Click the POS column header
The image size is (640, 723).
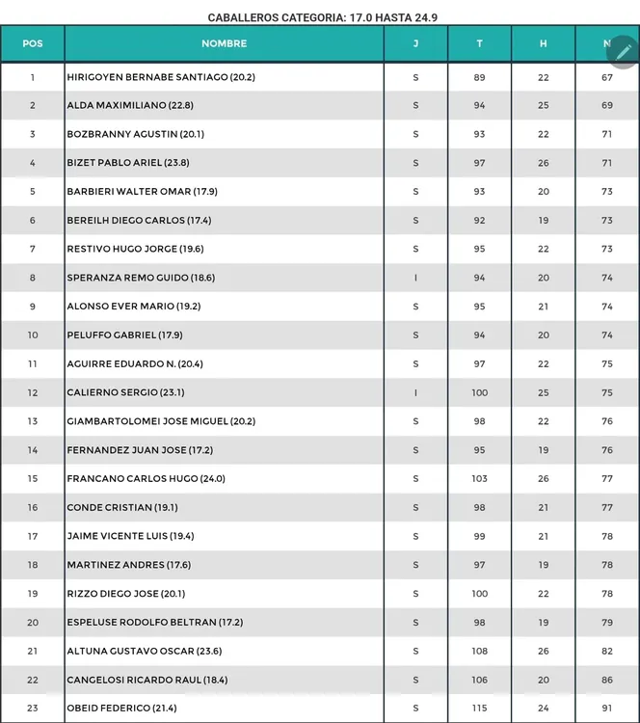(33, 43)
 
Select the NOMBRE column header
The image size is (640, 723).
(224, 43)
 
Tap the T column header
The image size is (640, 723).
(480, 43)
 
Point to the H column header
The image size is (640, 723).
(544, 43)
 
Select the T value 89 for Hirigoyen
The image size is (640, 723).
(480, 77)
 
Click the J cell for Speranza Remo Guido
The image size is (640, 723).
(415, 278)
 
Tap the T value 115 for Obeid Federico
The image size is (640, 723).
(480, 709)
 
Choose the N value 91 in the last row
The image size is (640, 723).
(607, 709)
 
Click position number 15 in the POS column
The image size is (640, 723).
(33, 479)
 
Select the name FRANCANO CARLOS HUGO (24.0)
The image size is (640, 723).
(146, 479)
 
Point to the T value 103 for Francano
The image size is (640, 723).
(480, 479)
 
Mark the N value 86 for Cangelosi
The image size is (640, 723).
(607, 681)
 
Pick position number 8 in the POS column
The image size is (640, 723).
(33, 278)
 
